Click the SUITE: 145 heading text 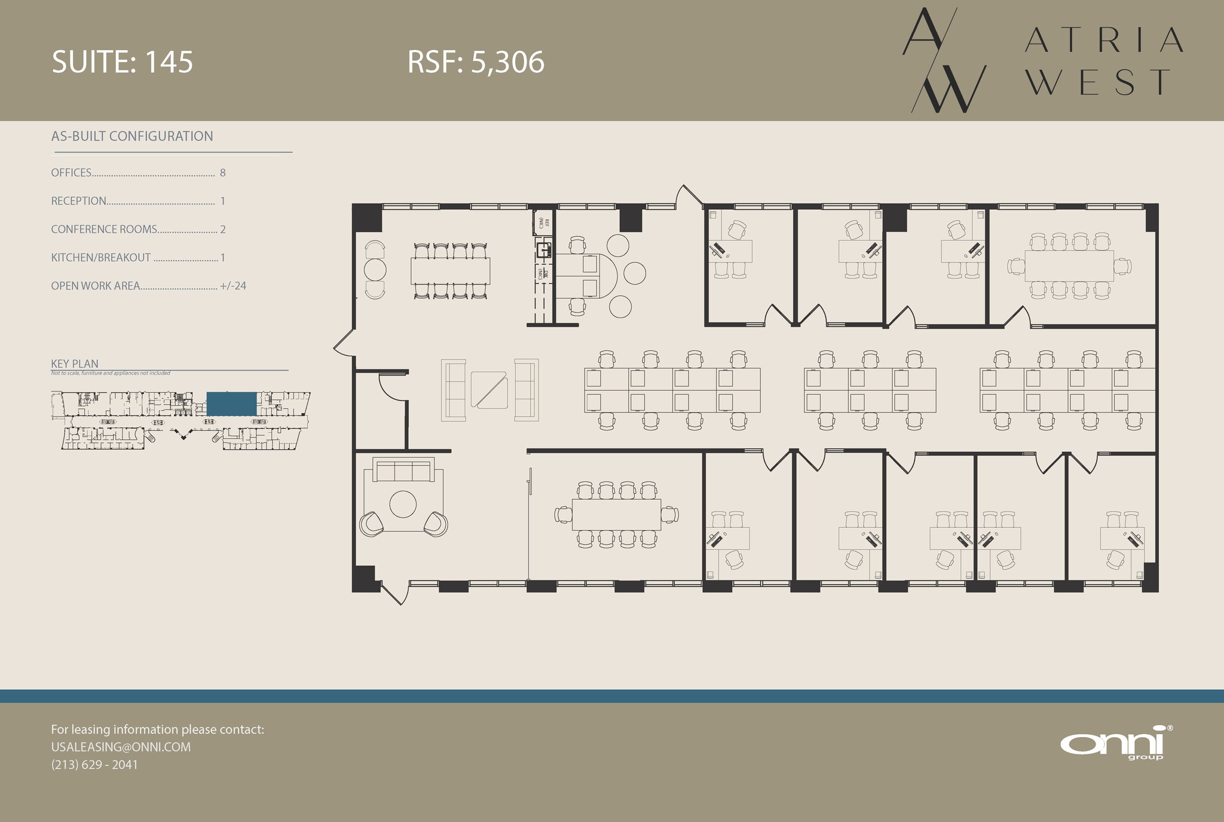123,62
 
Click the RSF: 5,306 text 476,62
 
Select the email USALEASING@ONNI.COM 121,747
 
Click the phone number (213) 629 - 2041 94,765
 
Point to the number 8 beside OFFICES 223,173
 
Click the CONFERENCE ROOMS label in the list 104,230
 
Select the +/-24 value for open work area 233,286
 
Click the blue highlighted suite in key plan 231,404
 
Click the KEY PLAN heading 75,363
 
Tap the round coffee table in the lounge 403,504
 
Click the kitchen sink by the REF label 543,250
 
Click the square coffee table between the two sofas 489,390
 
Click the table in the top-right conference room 1069,265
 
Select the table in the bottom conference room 616,514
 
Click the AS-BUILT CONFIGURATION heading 132,136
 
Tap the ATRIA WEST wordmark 1103,61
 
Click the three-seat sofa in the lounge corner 403,470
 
